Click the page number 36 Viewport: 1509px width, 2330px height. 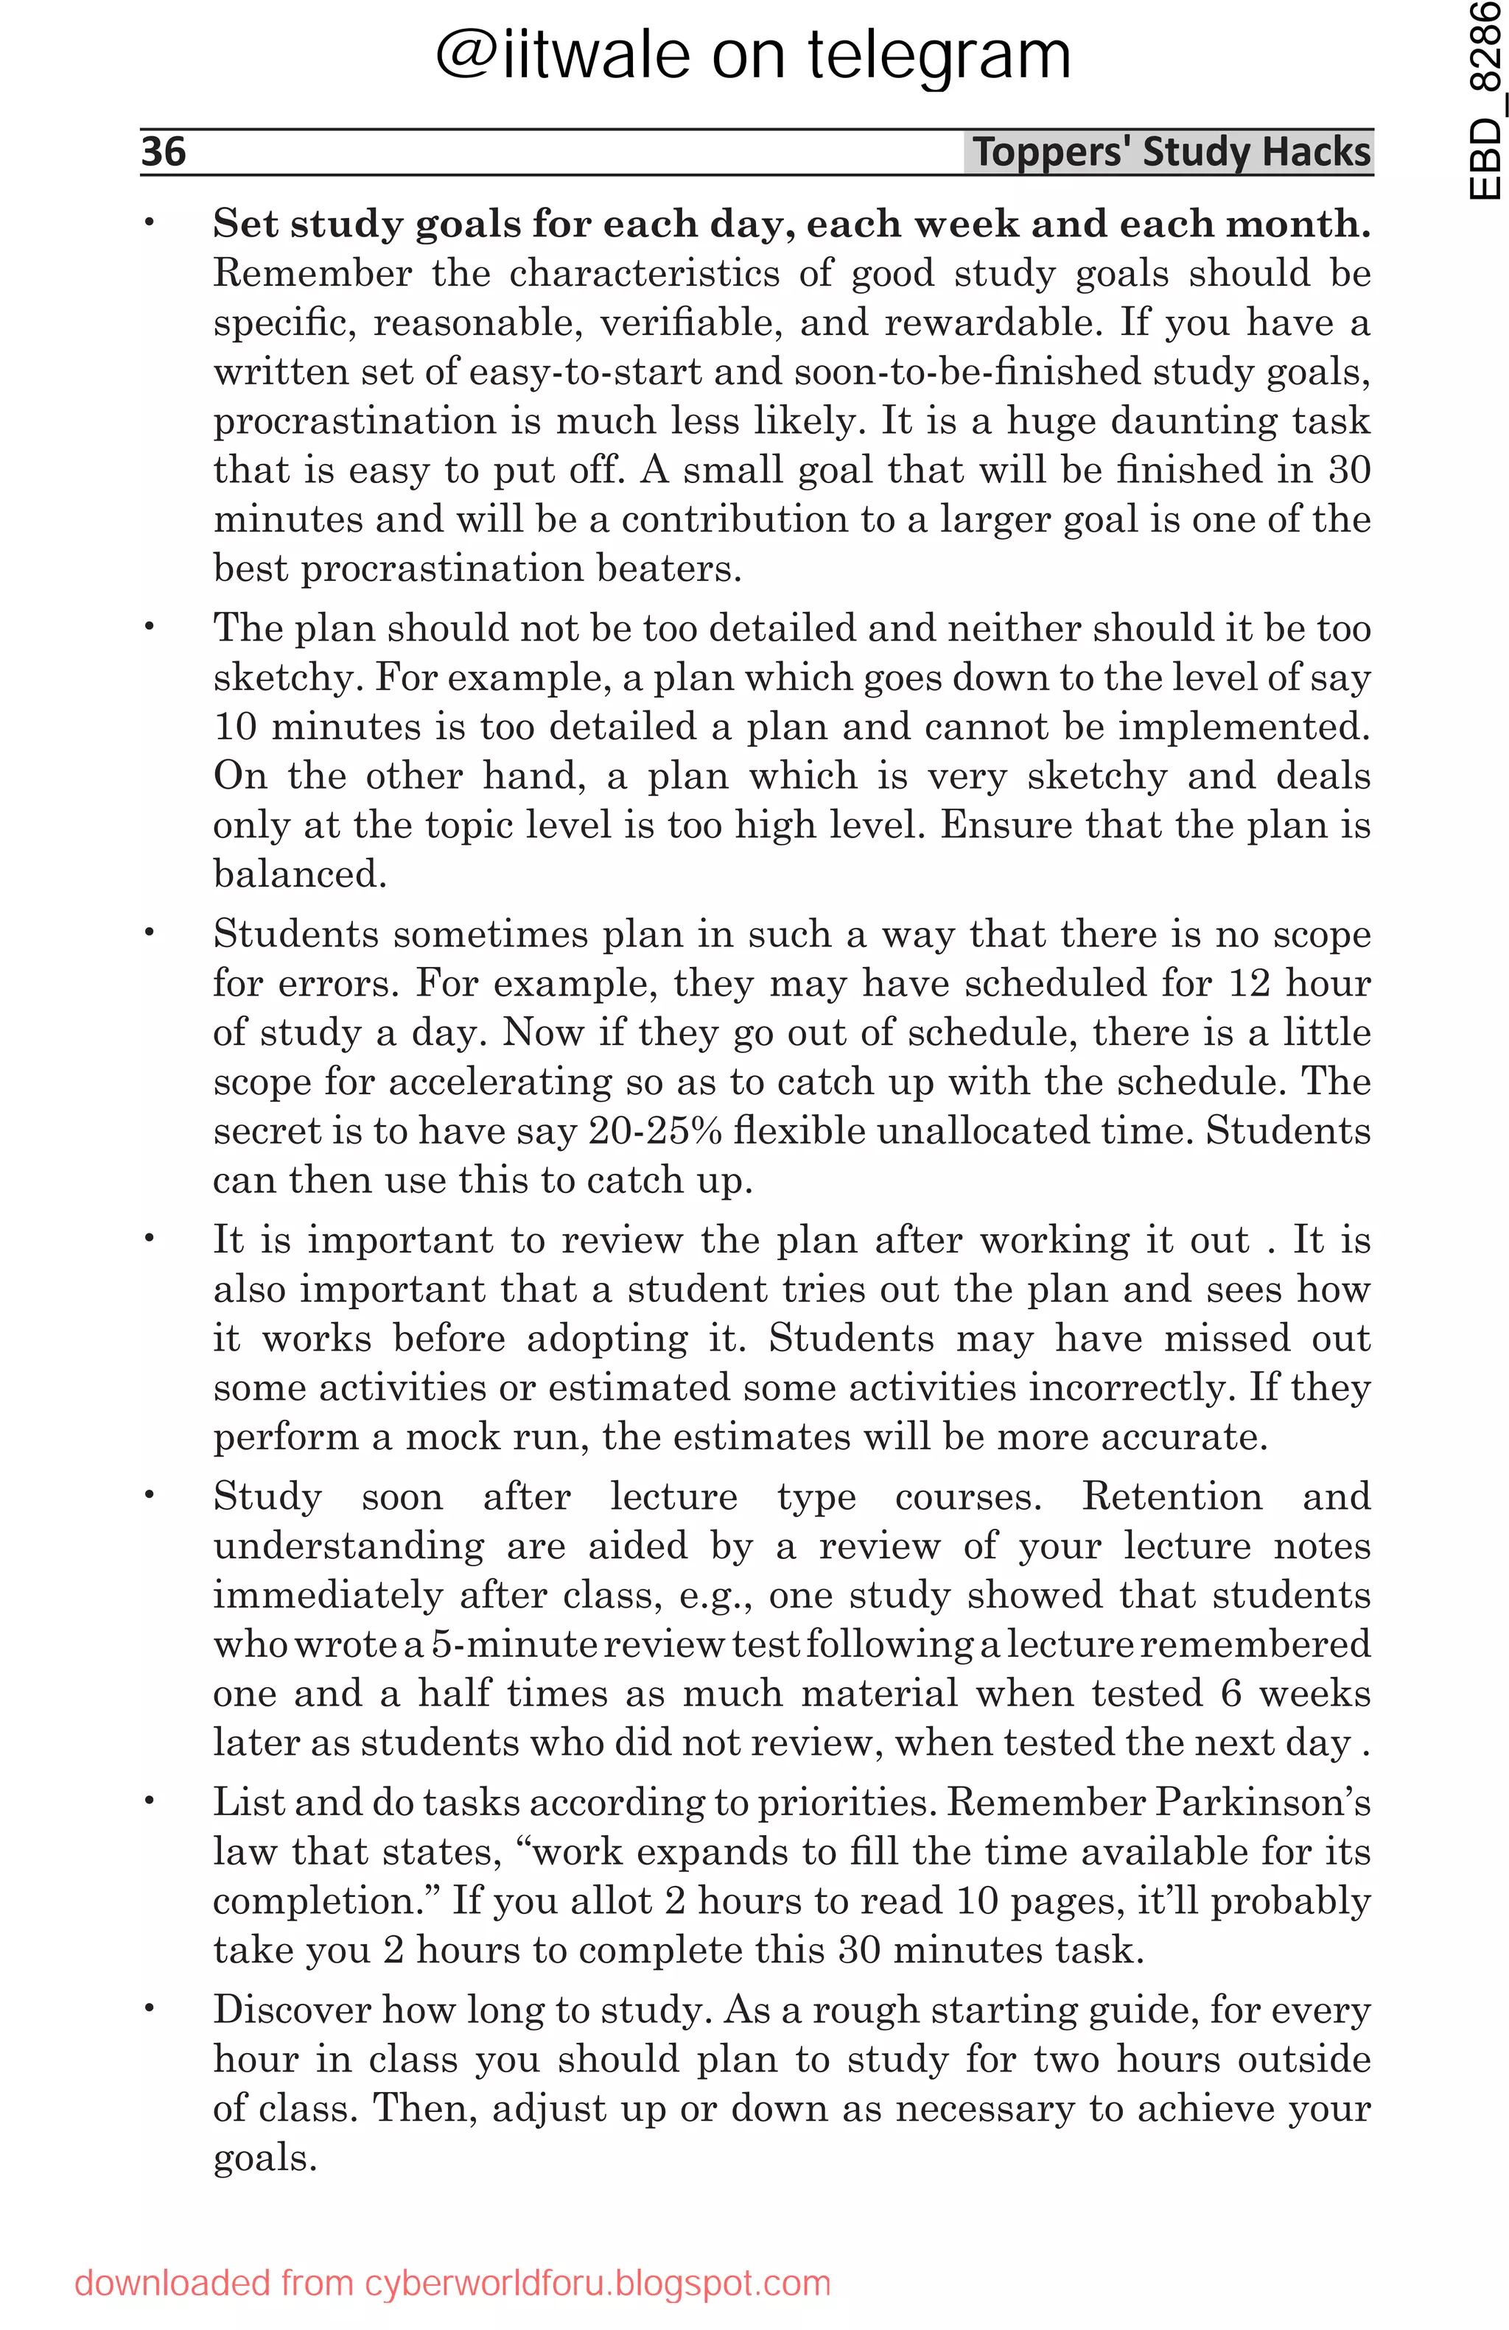tap(164, 152)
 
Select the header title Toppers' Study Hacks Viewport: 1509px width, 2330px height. tap(1170, 152)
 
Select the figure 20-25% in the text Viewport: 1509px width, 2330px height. tap(655, 1130)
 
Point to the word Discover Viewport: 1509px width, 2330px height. tap(291, 2009)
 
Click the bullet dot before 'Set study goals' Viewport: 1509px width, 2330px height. tap(150, 223)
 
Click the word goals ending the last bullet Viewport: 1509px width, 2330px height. tap(265, 2158)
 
